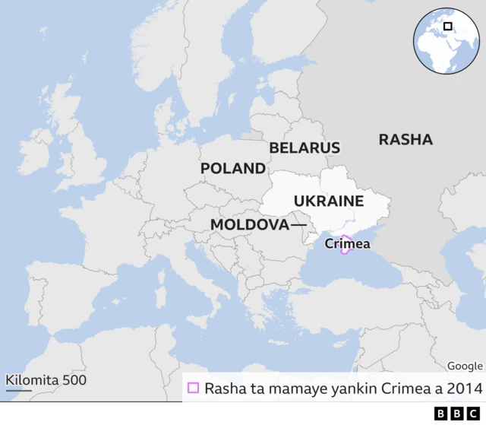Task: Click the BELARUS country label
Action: [305, 147]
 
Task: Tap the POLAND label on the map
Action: [233, 169]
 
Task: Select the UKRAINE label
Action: [329, 201]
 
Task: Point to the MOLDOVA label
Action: [249, 225]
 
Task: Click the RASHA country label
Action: [406, 139]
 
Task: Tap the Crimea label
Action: [347, 244]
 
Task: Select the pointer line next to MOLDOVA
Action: [298, 225]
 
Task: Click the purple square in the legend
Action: [193, 388]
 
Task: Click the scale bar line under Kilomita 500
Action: [19, 391]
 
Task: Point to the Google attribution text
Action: [465, 366]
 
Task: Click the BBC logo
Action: [452, 414]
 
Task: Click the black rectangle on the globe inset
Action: [448, 27]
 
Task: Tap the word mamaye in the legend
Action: [284, 389]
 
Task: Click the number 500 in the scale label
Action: [74, 379]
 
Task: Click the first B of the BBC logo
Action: [440, 414]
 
